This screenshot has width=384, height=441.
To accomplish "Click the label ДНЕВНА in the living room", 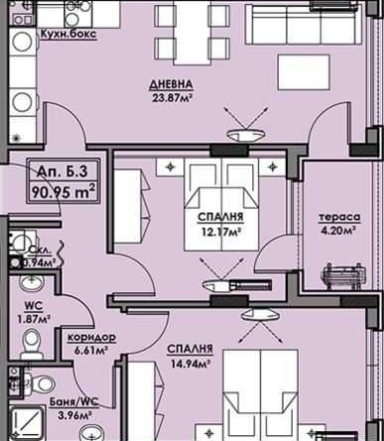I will point(173,84).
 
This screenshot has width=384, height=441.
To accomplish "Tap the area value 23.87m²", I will point(173,98).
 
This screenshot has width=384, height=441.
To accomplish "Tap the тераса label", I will point(339,218).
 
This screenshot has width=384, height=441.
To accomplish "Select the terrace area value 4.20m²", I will point(339,233).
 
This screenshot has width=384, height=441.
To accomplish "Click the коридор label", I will point(91,337).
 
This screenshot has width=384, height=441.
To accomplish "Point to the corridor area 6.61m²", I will point(91,351).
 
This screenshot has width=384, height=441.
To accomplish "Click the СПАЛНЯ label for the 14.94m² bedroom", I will point(190,350).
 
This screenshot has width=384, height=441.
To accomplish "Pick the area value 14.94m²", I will point(189,365).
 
